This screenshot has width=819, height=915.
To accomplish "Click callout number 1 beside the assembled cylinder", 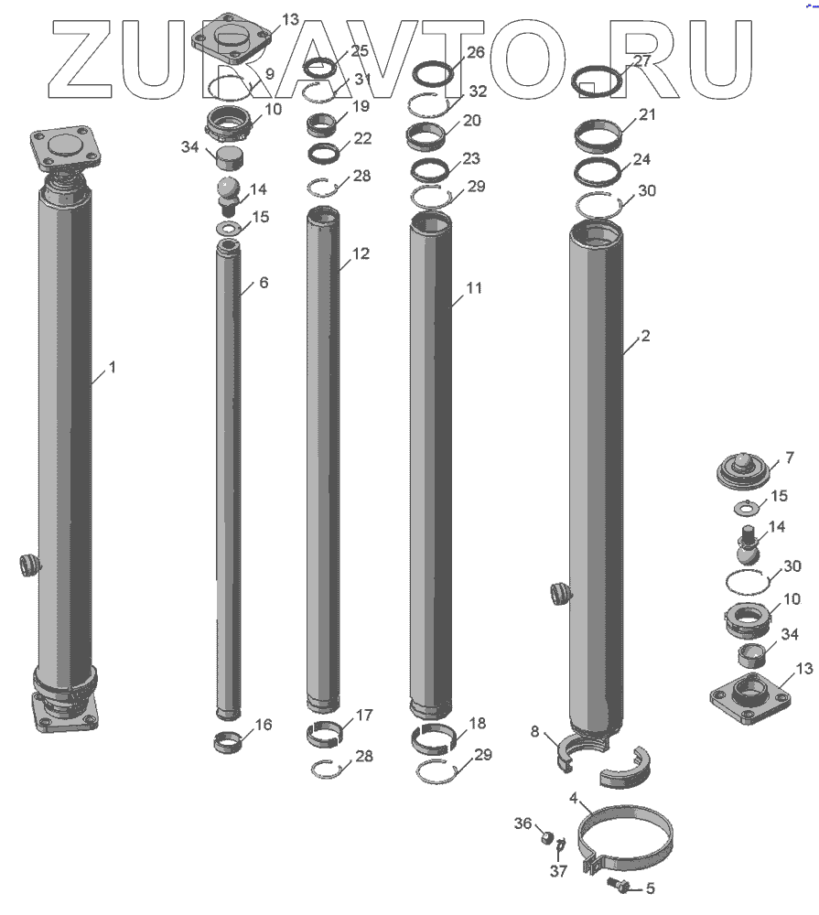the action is coord(112,367).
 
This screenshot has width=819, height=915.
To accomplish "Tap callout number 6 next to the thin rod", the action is coord(264,283).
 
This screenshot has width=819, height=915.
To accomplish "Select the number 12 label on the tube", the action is coord(361,253).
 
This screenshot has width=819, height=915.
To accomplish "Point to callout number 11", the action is coord(474,287).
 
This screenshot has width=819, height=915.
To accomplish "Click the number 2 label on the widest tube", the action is coord(645,336).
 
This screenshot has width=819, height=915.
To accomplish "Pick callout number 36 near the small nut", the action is coord(523,823).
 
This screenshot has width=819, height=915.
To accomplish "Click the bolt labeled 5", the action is coord(619,885).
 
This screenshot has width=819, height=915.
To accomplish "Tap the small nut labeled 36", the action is coord(546,838).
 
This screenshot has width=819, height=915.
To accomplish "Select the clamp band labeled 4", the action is coord(625,838).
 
